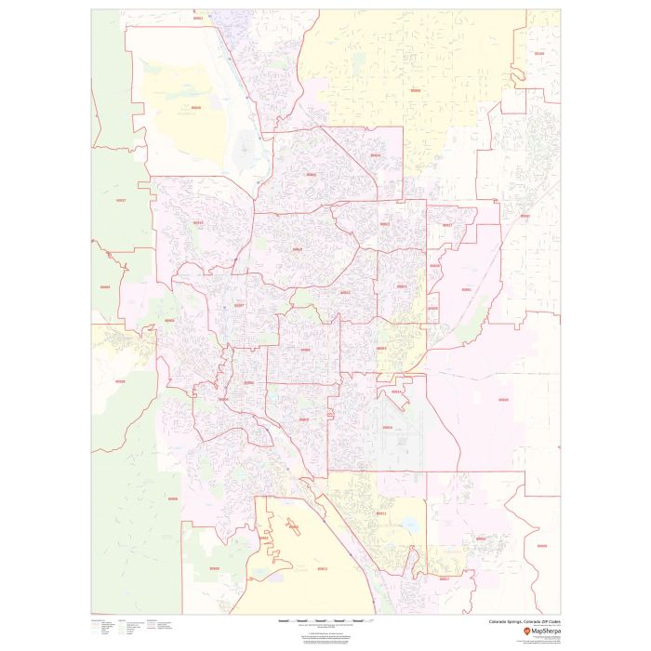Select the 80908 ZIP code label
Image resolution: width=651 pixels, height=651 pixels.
coord(415,91)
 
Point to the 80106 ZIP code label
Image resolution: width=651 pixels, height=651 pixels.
coord(539,54)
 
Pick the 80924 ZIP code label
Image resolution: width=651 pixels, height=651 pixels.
coord(375,155)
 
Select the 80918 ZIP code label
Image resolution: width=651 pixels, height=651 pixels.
coord(297,249)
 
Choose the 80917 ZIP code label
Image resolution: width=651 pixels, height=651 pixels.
coord(345,292)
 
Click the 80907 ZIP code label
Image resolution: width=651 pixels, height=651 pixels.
coord(239,305)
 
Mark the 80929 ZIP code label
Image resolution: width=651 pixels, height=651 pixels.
coord(503,400)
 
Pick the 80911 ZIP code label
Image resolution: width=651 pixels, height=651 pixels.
coord(381,513)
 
